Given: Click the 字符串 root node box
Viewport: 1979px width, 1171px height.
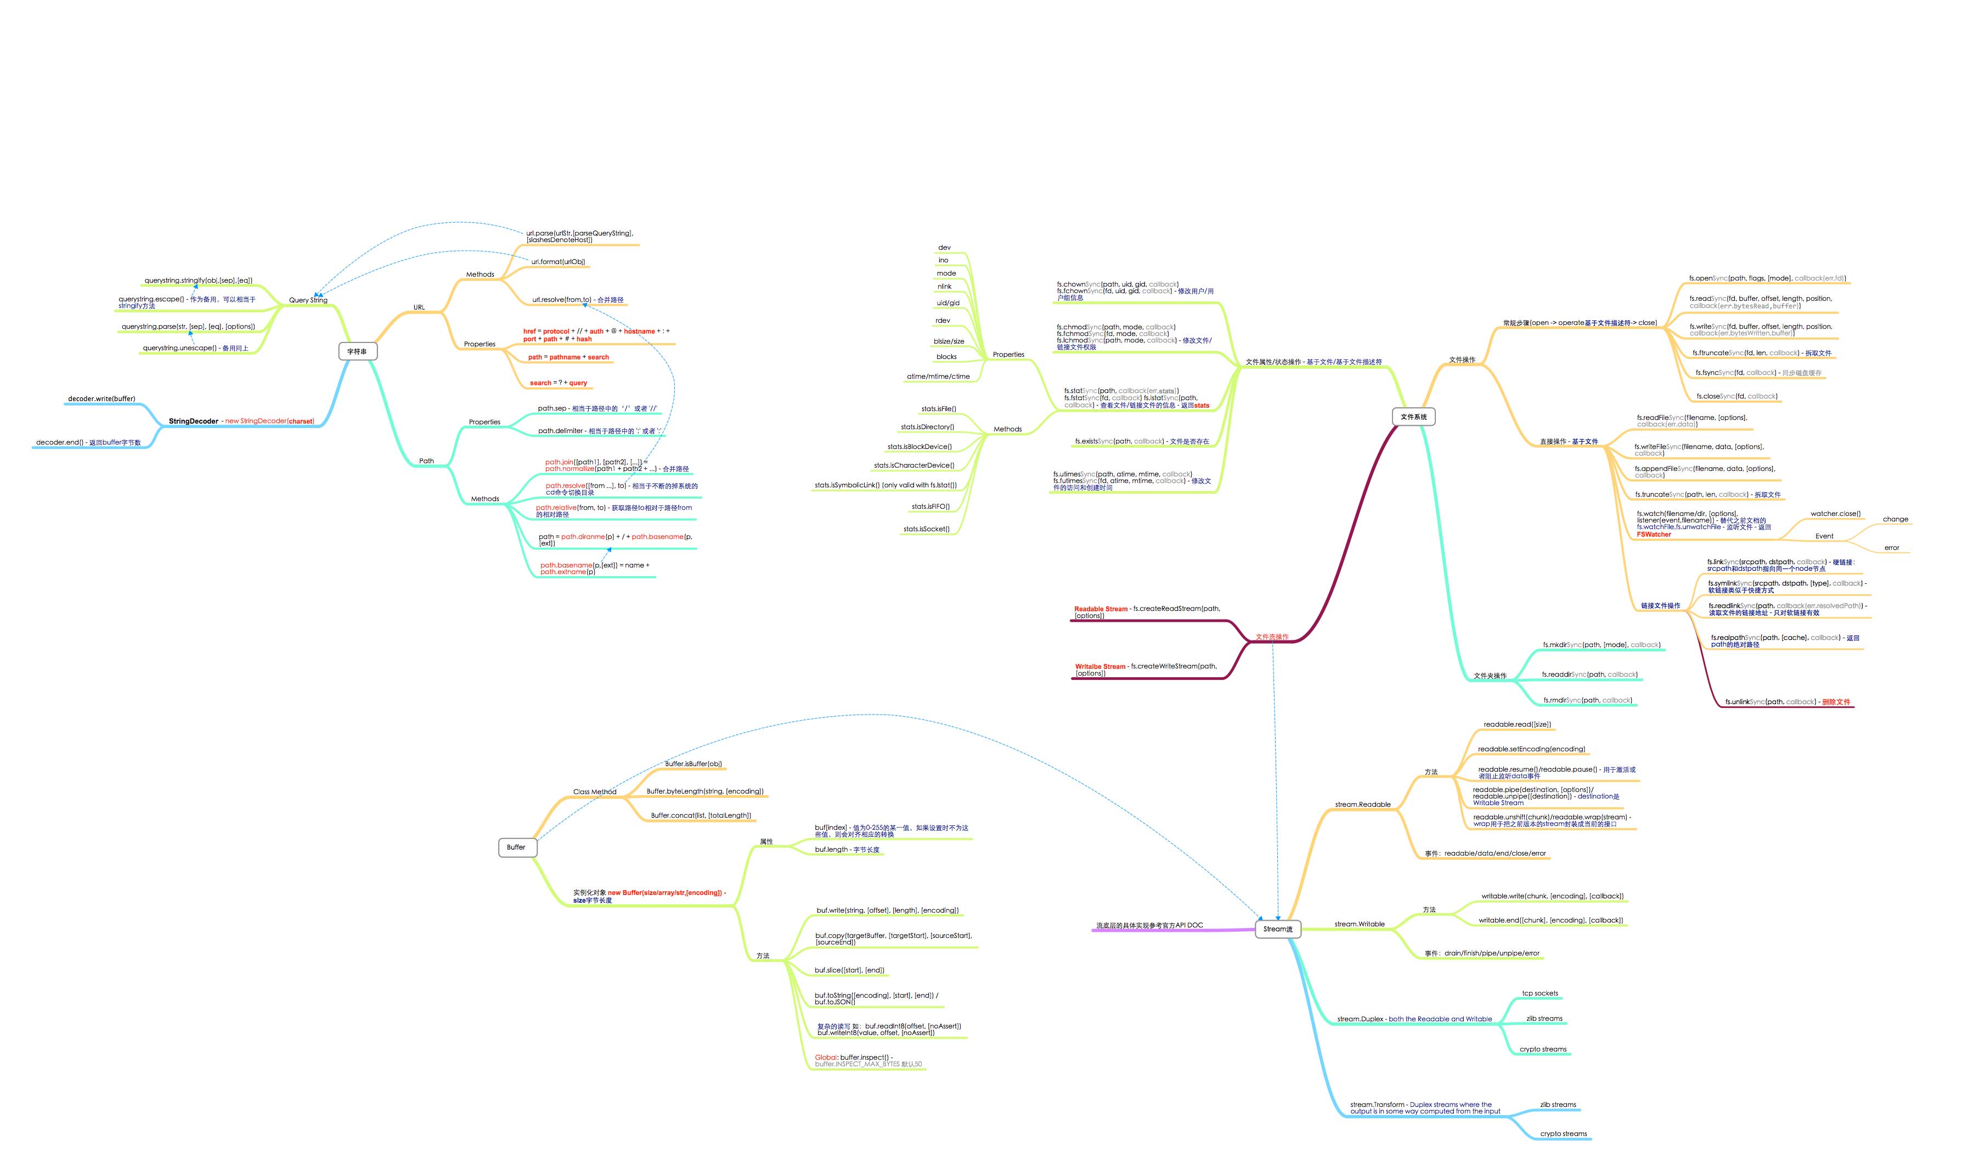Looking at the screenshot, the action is pos(357,351).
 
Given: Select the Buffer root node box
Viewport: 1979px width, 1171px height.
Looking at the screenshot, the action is pos(517,847).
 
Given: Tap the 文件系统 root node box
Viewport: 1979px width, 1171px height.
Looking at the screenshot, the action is pos(1413,416).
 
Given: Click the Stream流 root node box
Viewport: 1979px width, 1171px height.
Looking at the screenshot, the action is pos(1277,929).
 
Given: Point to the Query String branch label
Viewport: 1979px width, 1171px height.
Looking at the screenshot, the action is pos(308,300).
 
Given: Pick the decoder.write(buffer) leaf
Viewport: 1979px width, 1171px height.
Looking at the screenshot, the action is pos(101,398).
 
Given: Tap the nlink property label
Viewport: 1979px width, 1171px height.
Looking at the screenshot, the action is pos(944,286).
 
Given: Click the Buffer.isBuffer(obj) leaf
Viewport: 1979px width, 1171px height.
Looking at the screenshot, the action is pos(692,764).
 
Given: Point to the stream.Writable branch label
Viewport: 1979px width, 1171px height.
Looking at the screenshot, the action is pos(1359,924).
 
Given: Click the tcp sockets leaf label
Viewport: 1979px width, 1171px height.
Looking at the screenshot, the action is pos(1540,993).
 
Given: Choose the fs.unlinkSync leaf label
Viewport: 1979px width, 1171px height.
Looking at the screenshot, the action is pos(1786,701).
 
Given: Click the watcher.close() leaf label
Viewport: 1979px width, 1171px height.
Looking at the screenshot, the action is pos(1835,514).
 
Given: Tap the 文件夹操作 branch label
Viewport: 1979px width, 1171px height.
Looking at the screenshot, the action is pos(1490,675).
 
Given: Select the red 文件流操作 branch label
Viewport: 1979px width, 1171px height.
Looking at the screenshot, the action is pos(1271,637).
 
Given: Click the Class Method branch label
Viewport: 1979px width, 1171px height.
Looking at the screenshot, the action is pos(594,791).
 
